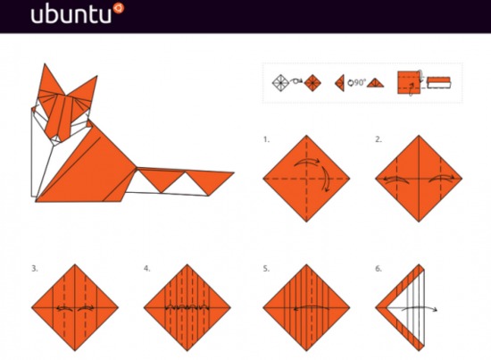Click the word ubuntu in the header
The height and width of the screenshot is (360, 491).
71,14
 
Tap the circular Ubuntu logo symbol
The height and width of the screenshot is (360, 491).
119,8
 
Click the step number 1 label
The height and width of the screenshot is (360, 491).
266,139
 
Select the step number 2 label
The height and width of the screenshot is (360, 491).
379,139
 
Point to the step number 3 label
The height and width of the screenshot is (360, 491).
35,269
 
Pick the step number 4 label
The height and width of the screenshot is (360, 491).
147,269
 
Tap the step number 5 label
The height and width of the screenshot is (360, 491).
266,269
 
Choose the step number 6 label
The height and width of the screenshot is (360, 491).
379,269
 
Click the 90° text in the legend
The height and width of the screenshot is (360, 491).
360,82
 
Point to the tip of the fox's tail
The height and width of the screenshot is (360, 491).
234,172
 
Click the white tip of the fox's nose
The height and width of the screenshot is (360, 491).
56,138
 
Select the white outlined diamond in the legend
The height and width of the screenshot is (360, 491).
280,83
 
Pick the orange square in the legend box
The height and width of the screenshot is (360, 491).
409,82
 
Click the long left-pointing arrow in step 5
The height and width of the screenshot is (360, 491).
312,306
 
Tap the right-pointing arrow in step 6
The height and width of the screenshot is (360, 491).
420,307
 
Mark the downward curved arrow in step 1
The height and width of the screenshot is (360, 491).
326,179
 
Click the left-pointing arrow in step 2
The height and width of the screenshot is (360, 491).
396,179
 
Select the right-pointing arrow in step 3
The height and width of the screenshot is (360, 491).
86,308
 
